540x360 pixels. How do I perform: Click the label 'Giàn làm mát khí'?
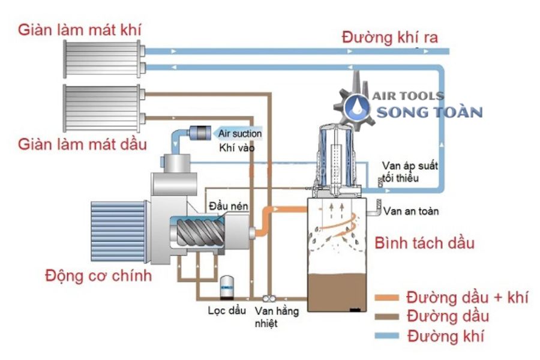pos(80,29)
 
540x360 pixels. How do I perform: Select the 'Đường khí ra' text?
pos(389,37)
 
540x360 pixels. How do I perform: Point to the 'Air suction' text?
pos(240,133)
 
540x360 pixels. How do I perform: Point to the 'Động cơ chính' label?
pos(99,276)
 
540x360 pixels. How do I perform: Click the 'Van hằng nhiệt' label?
pos(272,317)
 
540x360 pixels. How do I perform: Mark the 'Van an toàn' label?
pos(411,211)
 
